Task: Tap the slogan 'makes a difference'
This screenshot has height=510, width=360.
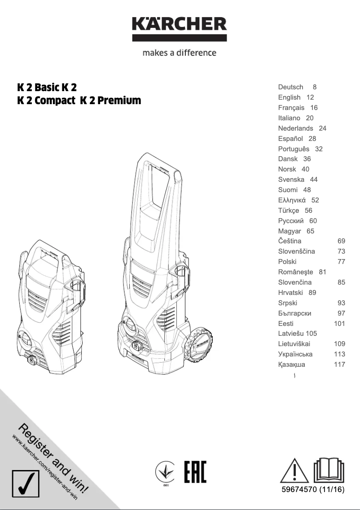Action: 179,53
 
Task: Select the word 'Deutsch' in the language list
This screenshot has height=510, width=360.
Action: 290,87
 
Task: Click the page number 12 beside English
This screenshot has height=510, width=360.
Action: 310,97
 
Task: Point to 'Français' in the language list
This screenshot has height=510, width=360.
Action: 291,108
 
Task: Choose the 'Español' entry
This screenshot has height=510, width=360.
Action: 290,139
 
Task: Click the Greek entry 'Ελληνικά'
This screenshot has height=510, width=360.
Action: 292,200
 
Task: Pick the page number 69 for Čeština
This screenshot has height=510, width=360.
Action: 341,241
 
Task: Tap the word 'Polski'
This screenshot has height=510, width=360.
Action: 287,262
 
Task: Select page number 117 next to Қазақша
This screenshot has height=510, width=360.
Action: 339,365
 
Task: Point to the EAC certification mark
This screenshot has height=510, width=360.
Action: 195,471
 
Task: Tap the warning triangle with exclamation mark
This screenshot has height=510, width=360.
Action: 294,470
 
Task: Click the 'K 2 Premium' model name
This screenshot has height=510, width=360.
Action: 110,101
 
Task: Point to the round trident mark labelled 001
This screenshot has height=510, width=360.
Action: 165,472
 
